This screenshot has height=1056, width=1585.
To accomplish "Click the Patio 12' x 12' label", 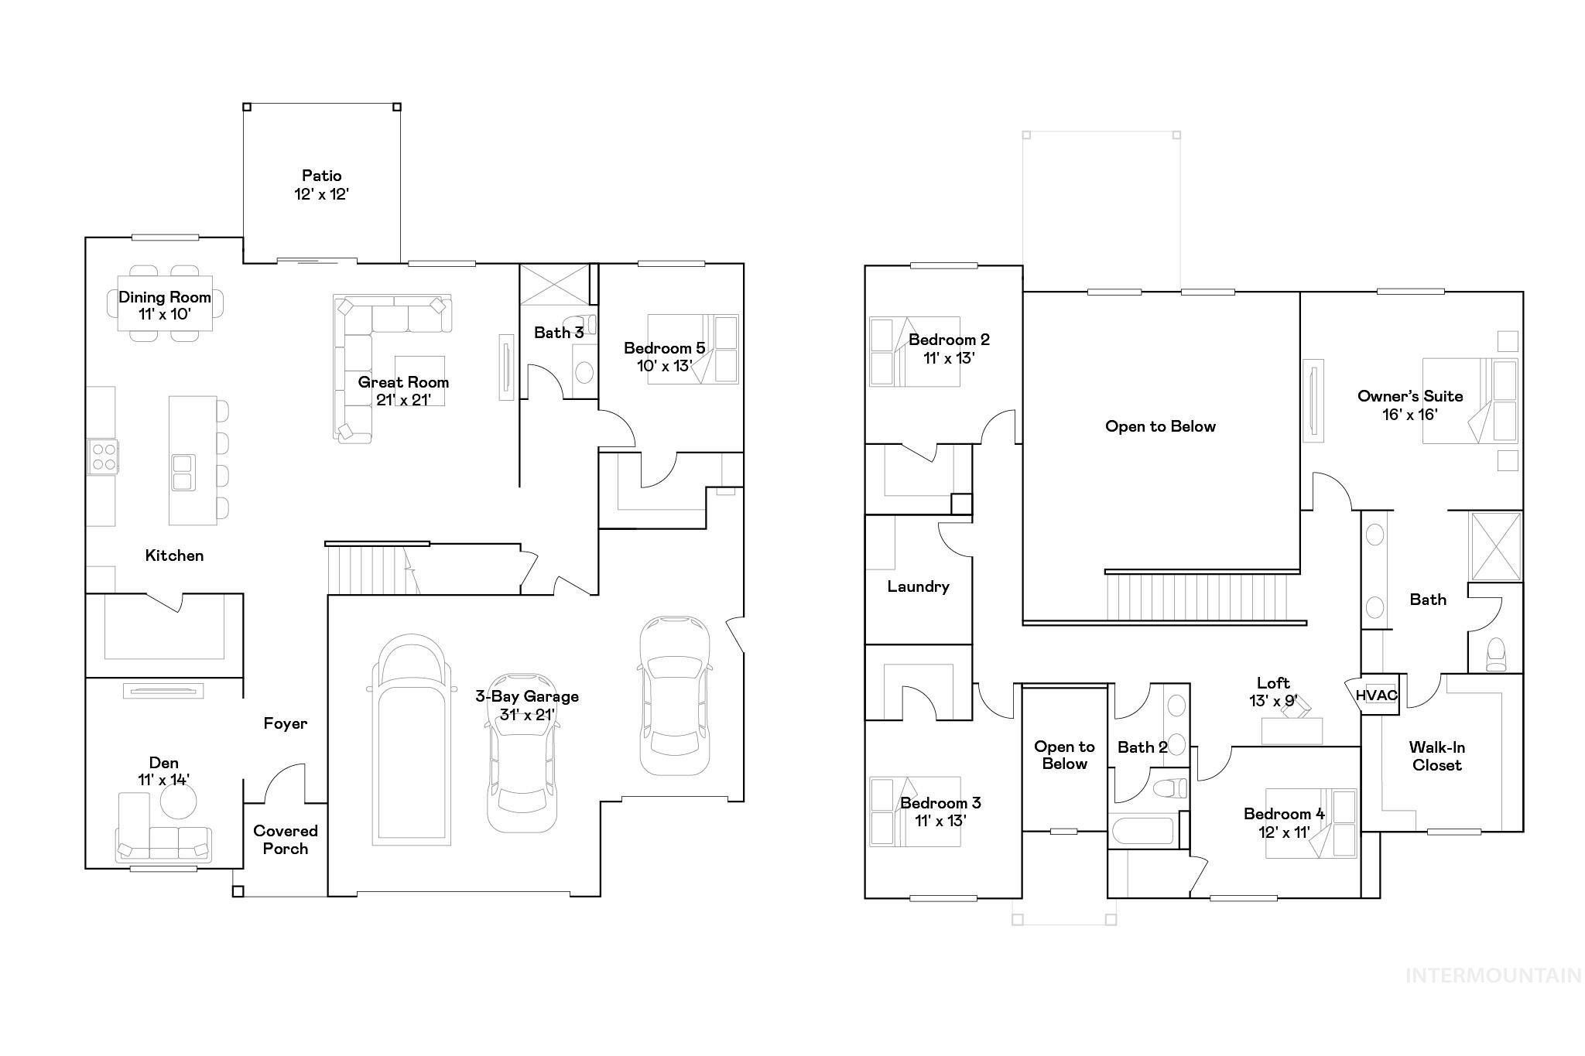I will (x=321, y=185).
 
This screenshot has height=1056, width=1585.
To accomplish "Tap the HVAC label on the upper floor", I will (x=1376, y=695).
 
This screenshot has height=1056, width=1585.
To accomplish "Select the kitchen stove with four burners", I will (x=103, y=456).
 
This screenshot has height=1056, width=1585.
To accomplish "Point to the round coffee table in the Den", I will (x=178, y=799).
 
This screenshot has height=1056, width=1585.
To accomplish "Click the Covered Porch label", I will (x=285, y=839).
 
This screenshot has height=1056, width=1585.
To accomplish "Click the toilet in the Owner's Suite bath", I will (x=1497, y=654).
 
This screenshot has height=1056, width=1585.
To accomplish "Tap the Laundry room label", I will (x=918, y=586).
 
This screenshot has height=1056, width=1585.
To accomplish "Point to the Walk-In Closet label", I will (x=1436, y=756).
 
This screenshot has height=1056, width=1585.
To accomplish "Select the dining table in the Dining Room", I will (x=165, y=303).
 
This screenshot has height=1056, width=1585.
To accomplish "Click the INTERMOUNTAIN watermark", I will (x=1493, y=976).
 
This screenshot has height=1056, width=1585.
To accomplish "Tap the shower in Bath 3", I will (x=554, y=285).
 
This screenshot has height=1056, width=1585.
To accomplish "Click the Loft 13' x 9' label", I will (x=1273, y=692).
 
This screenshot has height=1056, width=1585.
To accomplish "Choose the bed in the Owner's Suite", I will (x=1470, y=401).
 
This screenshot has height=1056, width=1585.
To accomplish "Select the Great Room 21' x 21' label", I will (x=402, y=391).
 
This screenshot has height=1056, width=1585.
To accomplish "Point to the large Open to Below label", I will (x=1160, y=426).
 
